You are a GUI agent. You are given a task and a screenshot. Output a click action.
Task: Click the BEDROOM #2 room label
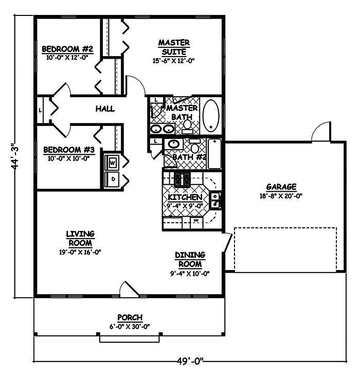pos(67,49)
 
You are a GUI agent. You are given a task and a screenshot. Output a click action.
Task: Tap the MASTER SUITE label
pos(173,47)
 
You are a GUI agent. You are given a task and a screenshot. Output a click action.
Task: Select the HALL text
pos(104,109)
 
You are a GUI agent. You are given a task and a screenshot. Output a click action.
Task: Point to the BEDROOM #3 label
pos(69,150)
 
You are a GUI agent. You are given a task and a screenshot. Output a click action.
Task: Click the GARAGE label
pos(281,187)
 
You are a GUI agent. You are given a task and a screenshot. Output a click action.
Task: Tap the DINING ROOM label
pos(190,259)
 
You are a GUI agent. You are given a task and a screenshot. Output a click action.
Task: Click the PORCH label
pos(130,317)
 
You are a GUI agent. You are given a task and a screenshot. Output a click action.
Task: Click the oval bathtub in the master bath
pos(211,116)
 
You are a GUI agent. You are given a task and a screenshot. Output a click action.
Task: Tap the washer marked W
pos(112,163)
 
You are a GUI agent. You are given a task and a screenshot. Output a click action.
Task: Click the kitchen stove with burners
pos(182,179)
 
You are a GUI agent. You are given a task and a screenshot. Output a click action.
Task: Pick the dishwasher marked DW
pos(196,221)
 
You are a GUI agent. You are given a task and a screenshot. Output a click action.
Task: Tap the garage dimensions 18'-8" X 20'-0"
pos(281,195)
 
